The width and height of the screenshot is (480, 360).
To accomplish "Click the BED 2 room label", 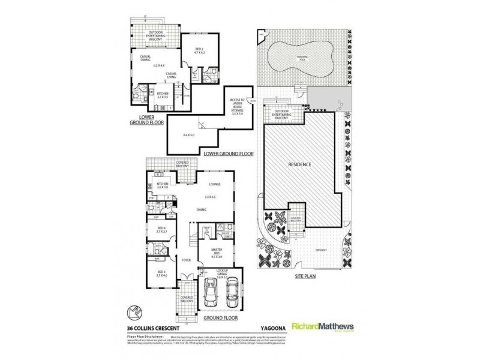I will tap(199, 50).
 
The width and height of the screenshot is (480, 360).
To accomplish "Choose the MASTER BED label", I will tap(215, 252).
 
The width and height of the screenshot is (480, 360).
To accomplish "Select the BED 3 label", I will tap(161, 274).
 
